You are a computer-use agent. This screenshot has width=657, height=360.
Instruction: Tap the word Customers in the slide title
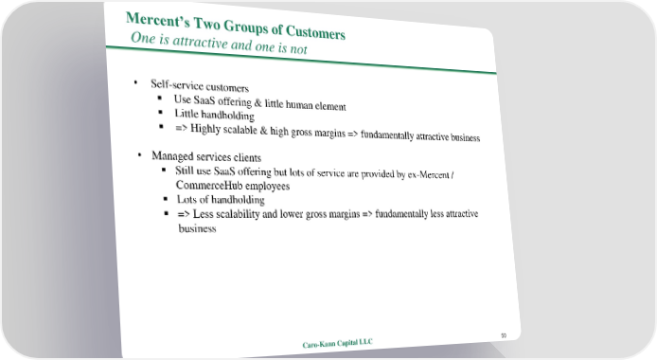coord(315,32)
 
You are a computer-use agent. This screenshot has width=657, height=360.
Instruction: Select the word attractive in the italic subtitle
coord(200,42)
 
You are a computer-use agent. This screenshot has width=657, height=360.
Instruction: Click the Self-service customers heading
coord(200,86)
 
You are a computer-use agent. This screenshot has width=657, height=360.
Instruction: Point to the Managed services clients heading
coord(206,156)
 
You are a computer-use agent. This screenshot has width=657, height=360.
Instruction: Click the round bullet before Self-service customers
coord(135,82)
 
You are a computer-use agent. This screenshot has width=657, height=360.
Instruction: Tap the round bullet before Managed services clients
coord(139,154)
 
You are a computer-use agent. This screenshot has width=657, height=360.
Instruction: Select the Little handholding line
coord(214,115)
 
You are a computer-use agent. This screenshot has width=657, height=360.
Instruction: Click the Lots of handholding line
coord(221,200)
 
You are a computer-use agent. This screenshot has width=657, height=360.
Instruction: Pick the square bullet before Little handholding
coord(161,112)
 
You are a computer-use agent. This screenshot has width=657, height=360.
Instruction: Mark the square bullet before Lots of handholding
coord(166,199)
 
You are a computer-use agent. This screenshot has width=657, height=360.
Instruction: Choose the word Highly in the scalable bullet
coord(205,128)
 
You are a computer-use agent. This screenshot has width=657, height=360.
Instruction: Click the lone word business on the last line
coord(197,228)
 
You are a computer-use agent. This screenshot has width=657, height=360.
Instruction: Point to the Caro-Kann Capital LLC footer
coord(337,344)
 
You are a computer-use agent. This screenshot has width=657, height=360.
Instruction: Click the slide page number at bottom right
coord(504,335)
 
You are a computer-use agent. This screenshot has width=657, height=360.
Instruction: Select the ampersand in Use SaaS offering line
coord(257,102)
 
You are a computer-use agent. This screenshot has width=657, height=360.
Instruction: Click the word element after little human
coord(330,106)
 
